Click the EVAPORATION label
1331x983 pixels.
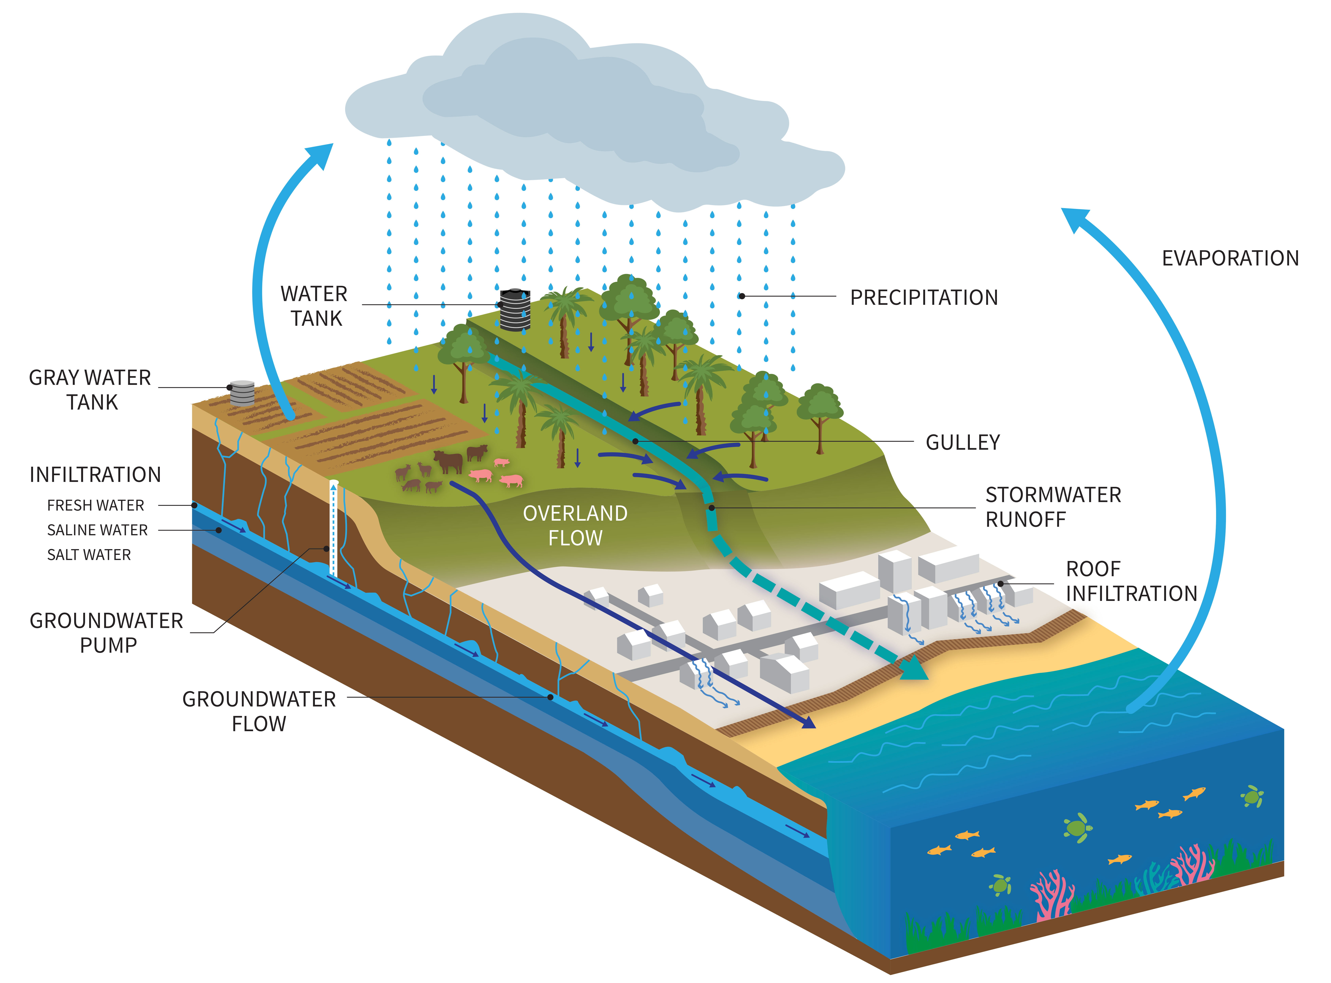tap(1230, 258)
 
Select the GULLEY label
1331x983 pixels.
tap(962, 443)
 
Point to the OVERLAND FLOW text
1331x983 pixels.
tap(575, 525)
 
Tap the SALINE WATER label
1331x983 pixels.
tap(97, 530)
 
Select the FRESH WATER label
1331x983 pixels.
tap(95, 505)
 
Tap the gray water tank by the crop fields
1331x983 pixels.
tap(242, 393)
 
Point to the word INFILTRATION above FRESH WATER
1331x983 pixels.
tap(95, 475)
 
